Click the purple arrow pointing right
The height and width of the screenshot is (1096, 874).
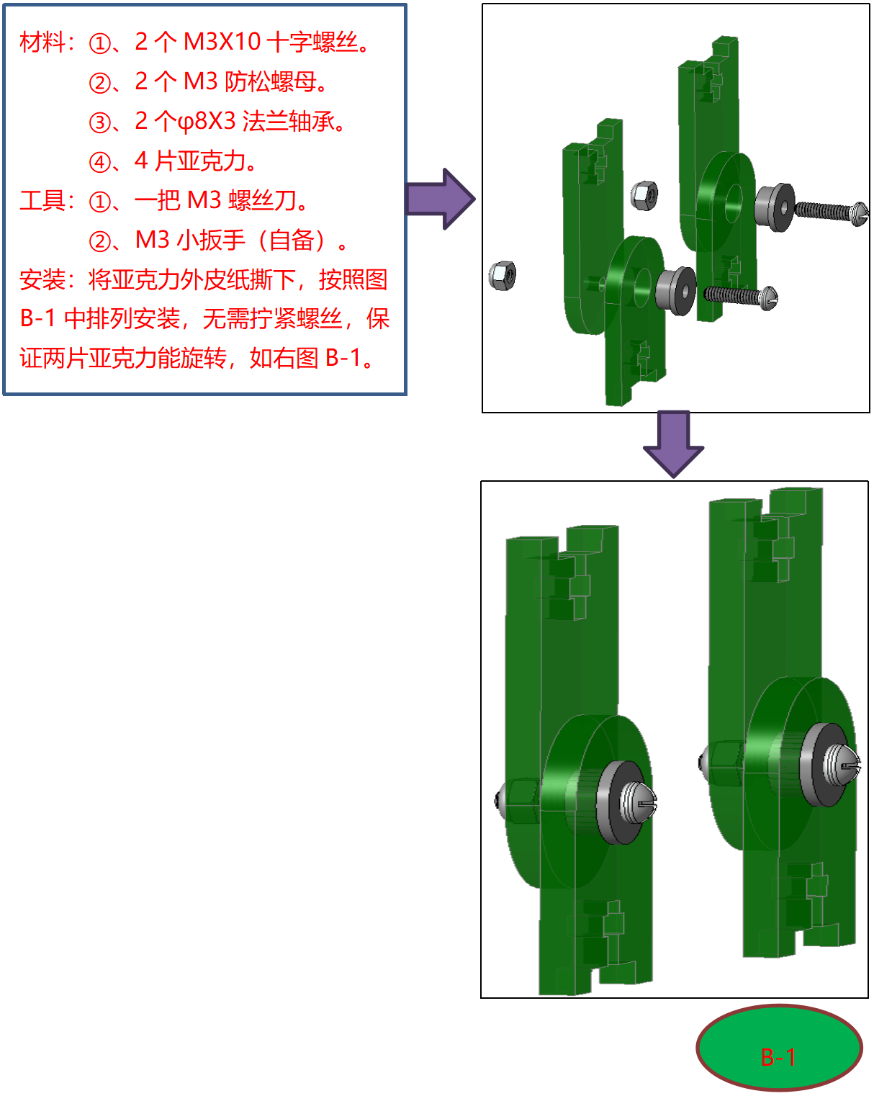coord(441,199)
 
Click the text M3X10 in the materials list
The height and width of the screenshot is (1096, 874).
coord(222,41)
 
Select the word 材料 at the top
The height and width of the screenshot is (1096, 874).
coord(42,42)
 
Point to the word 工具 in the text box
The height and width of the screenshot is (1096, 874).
coord(42,200)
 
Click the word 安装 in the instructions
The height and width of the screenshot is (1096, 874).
coord(42,279)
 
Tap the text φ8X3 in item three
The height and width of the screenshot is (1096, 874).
coord(207,121)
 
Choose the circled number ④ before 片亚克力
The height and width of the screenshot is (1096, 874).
coord(100,163)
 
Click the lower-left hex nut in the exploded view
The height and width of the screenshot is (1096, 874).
coord(502,276)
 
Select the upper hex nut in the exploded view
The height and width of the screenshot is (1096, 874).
coord(644,195)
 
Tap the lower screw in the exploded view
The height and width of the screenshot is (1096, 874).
coord(741,297)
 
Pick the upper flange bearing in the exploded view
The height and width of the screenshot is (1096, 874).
coord(774,207)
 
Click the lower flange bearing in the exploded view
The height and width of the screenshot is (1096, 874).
coord(675,291)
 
